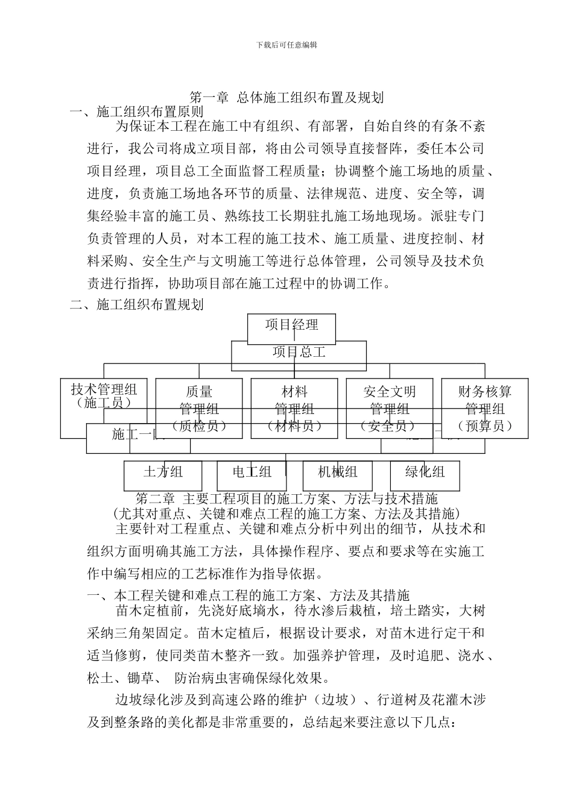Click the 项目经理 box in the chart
tap(292, 325)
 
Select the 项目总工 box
tap(299, 353)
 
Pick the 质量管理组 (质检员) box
tap(199, 408)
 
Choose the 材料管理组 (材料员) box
tap(294, 408)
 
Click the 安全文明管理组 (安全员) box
tap(390, 408)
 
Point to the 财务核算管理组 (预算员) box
tap(485, 408)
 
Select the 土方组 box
tap(163, 472)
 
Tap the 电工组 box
tap(252, 472)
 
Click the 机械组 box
tap(338, 472)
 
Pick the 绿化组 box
tap(425, 472)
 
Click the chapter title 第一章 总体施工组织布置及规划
tap(287, 97)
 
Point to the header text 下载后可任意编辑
tap(286, 44)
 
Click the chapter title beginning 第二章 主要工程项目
tap(286, 499)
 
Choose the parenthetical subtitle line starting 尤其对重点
tap(286, 513)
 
